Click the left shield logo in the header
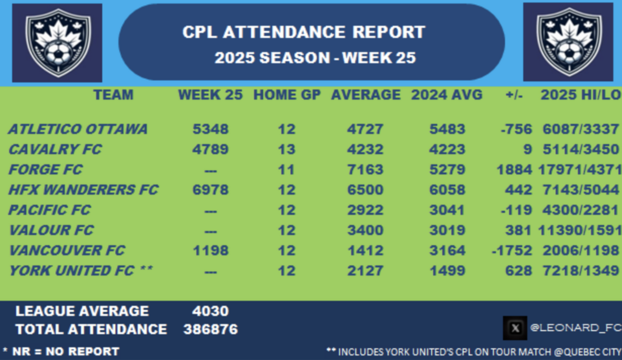point(57,43)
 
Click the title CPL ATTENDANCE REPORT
point(304,33)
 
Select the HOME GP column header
point(287,95)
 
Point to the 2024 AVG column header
point(446,95)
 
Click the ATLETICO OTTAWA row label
point(77,129)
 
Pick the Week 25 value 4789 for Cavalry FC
point(210,149)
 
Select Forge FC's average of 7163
point(365,169)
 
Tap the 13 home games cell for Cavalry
point(287,149)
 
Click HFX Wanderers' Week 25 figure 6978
point(210,190)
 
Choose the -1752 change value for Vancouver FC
point(512,250)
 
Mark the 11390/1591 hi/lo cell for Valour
point(580,230)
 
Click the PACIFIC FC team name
point(50,210)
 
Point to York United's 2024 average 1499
point(447,270)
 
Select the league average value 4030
point(210,311)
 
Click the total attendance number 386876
point(211,329)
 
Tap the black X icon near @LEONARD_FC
point(515,328)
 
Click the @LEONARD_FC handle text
point(575,328)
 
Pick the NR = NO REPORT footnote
point(61,351)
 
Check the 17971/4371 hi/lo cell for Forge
point(580,169)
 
